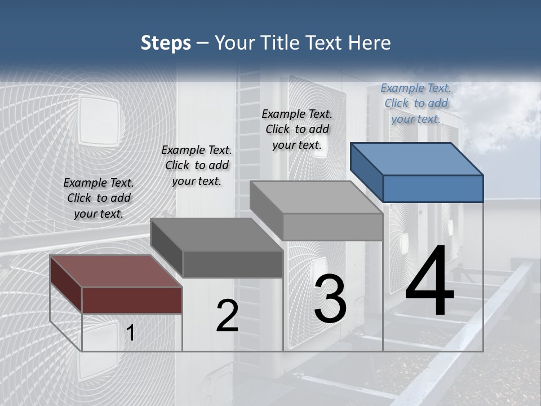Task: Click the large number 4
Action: coord(429,284)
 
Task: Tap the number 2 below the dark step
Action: coord(227,316)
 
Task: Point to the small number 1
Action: coord(130,333)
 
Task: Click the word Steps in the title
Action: coord(166,43)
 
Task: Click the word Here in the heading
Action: coord(370,43)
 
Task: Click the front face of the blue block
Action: coord(433,188)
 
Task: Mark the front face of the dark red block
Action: coord(132,300)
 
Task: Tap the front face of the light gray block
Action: coord(332,227)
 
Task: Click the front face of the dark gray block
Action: coord(232,264)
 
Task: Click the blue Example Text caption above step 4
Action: coord(416,103)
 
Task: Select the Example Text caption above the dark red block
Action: coord(99,198)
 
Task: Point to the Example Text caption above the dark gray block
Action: coord(197,165)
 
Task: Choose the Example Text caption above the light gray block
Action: coord(297,129)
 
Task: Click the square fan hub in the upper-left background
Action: coord(98,120)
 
